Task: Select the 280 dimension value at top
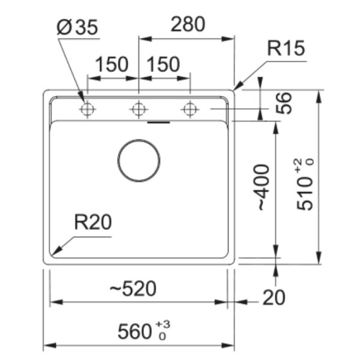(x=188, y=24)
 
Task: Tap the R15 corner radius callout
(x=286, y=49)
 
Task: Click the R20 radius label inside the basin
(x=93, y=223)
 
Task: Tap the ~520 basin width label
(x=133, y=289)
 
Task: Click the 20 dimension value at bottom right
(x=274, y=296)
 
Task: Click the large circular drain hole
(x=139, y=161)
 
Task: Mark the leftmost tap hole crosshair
(x=88, y=109)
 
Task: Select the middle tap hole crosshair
(x=139, y=109)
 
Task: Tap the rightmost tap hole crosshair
(x=190, y=109)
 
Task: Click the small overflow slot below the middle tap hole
(x=158, y=122)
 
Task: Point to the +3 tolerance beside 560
(x=163, y=325)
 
